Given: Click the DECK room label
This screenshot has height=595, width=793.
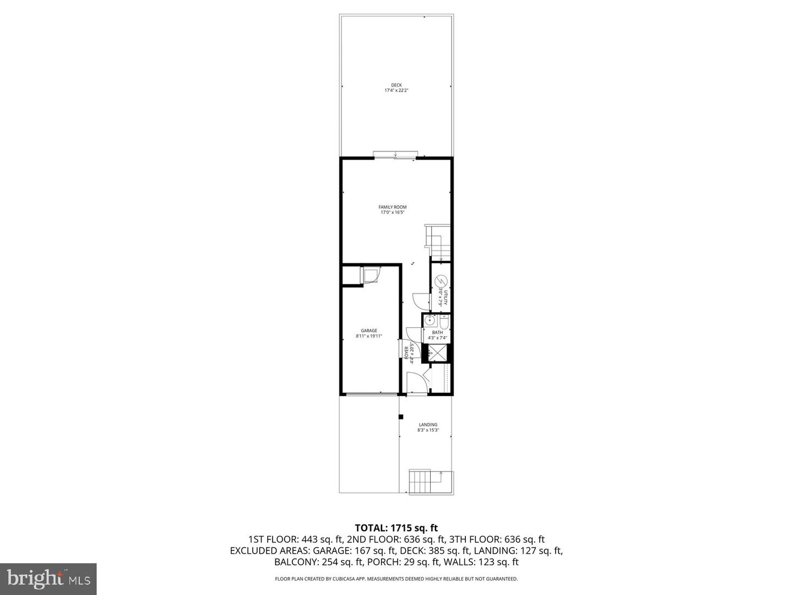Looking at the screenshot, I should pos(396,85).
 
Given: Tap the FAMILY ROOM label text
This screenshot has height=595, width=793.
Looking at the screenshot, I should pos(392,207).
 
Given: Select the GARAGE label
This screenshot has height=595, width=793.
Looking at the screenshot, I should pos(369,331).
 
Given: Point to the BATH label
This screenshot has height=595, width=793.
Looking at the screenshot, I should pos(437,332).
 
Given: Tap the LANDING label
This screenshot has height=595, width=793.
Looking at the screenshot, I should pos(428,425).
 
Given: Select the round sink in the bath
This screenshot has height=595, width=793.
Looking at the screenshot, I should pos(430,321).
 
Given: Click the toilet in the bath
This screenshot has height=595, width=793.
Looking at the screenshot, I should pos(444,322).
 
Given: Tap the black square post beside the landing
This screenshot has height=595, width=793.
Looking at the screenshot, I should pos(401,416).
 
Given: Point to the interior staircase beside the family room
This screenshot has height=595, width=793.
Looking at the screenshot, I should pos(438,242).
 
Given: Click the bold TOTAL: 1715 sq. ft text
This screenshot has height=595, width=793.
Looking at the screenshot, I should pos(396,528).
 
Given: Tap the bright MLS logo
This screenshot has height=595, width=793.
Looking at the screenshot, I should pos(48,578).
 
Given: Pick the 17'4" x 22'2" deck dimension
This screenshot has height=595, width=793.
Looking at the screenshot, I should pos(396,90).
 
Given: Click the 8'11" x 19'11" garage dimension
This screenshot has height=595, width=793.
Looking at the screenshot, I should pos(369,336).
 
